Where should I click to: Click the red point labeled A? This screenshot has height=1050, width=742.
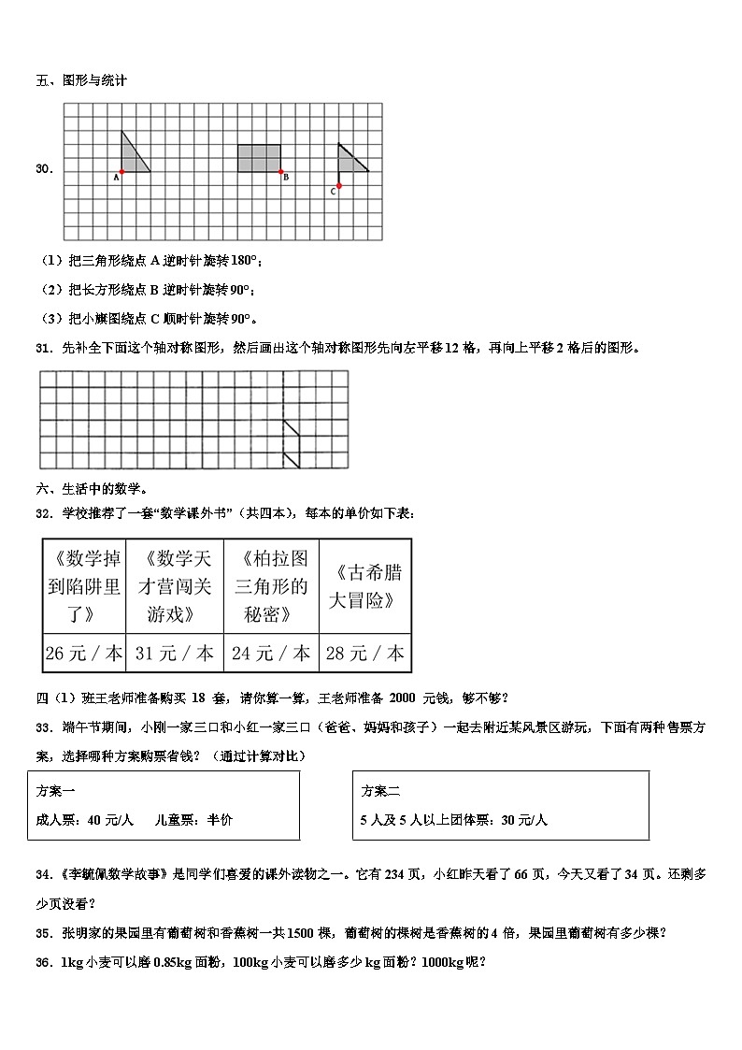(121, 172)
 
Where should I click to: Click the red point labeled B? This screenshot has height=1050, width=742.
(280, 172)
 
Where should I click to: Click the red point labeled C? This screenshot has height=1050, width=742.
(338, 186)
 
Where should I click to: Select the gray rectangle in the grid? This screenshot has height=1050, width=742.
(259, 158)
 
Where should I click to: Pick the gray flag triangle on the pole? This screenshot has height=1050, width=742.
(350, 162)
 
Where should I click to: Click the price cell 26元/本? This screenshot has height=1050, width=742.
(84, 654)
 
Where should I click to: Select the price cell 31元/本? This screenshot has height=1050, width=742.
(175, 654)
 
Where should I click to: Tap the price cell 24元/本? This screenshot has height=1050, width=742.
(271, 654)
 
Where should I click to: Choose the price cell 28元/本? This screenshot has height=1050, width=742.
(364, 654)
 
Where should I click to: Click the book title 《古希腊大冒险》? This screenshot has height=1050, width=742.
(364, 586)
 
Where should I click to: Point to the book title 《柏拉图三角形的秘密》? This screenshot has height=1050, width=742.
(271, 586)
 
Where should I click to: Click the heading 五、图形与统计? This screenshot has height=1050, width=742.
(81, 80)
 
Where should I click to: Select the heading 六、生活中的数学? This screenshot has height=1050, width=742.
(92, 488)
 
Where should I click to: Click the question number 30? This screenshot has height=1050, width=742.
(44, 168)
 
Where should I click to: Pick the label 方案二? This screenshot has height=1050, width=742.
(381, 791)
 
